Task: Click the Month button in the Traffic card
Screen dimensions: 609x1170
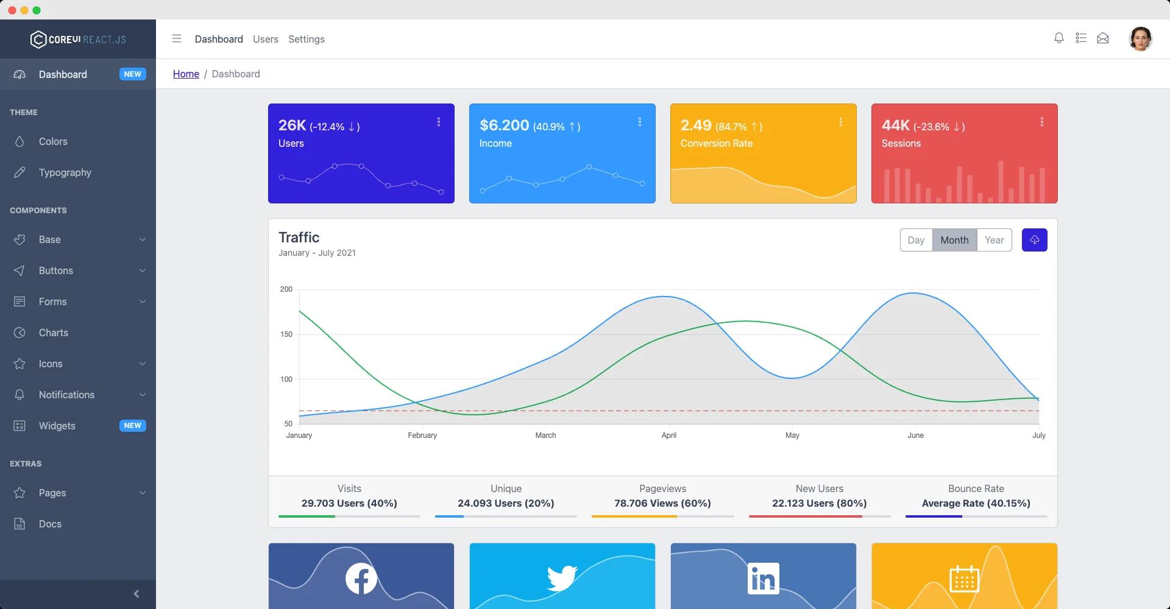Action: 954,240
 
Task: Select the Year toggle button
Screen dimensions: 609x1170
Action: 994,240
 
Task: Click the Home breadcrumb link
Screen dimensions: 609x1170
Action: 186,74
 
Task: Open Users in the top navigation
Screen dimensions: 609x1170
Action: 265,39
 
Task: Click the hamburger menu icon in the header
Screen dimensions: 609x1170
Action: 177,39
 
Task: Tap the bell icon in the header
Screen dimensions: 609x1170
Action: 1058,38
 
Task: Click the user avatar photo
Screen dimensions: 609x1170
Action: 1140,39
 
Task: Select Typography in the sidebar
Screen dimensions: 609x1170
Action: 65,172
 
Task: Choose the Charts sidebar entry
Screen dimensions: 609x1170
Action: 54,333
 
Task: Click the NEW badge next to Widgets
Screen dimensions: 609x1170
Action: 132,426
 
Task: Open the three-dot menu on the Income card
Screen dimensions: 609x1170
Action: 639,122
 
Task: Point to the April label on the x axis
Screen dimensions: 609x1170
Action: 668,435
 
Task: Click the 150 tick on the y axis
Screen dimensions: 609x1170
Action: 286,334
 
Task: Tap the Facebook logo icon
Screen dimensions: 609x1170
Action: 361,579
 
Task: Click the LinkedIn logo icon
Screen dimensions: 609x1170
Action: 763,579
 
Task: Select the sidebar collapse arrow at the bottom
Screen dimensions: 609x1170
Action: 136,594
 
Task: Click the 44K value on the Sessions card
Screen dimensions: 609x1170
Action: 895,125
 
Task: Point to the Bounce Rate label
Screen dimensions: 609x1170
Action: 976,488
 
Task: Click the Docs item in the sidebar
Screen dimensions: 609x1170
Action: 50,524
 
